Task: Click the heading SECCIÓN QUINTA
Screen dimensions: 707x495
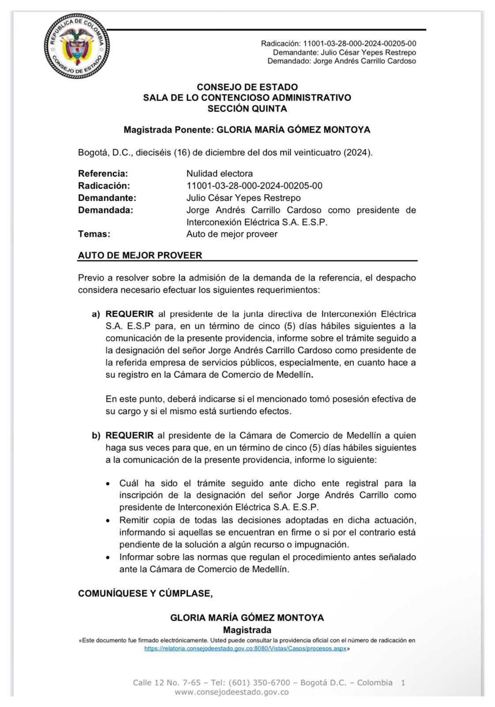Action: pyautogui.click(x=247, y=108)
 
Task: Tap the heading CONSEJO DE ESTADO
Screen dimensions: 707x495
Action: pyautogui.click(x=247, y=87)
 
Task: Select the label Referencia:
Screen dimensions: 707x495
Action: pyautogui.click(x=103, y=173)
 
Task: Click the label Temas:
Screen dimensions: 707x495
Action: pyautogui.click(x=94, y=234)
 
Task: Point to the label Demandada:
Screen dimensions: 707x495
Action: pyautogui.click(x=106, y=210)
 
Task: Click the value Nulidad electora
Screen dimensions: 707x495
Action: pyautogui.click(x=219, y=173)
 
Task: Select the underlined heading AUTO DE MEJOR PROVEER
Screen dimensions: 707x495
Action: pyautogui.click(x=140, y=255)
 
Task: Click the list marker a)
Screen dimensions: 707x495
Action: pyautogui.click(x=96, y=314)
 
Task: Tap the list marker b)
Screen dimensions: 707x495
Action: pyautogui.click(x=96, y=436)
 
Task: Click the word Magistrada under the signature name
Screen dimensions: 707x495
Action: pyautogui.click(x=247, y=630)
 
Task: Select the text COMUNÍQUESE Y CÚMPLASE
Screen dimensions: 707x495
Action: pyautogui.click(x=145, y=593)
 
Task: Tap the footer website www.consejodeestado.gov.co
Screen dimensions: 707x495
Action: pyautogui.click(x=232, y=692)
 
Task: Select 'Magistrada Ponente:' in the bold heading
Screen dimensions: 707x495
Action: pyautogui.click(x=168, y=130)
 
